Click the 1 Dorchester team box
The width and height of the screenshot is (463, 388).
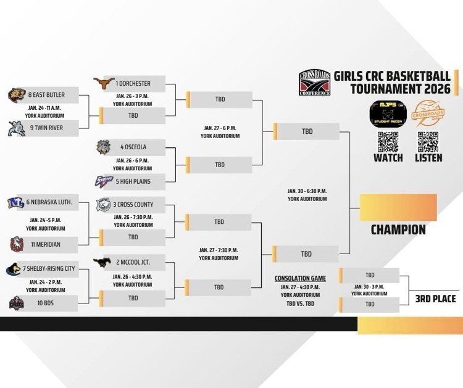(133, 83)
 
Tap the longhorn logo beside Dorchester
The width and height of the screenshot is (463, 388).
(104, 83)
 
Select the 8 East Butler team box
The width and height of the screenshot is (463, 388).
(46, 95)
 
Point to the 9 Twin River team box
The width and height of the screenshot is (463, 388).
(46, 128)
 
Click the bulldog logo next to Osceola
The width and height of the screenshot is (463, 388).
(104, 147)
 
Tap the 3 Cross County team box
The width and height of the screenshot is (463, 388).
(133, 205)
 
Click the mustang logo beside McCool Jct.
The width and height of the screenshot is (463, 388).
(102, 263)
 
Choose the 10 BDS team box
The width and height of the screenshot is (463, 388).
(46, 303)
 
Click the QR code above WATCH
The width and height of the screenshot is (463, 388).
(388, 141)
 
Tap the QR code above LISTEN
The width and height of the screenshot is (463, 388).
(428, 141)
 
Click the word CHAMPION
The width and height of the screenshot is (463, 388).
(398, 229)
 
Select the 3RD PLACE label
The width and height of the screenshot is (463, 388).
(435, 299)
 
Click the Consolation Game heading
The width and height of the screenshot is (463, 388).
(300, 278)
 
